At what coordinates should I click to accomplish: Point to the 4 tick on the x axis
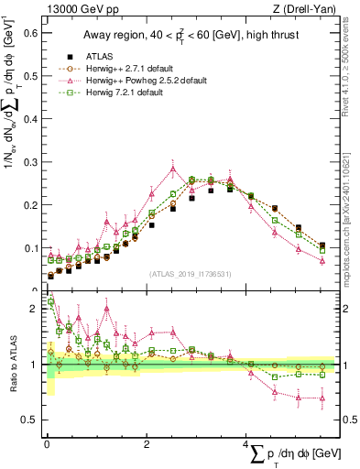[247, 445]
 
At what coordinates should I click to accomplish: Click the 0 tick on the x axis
[47, 445]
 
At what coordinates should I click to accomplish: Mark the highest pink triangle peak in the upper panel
[172, 168]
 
